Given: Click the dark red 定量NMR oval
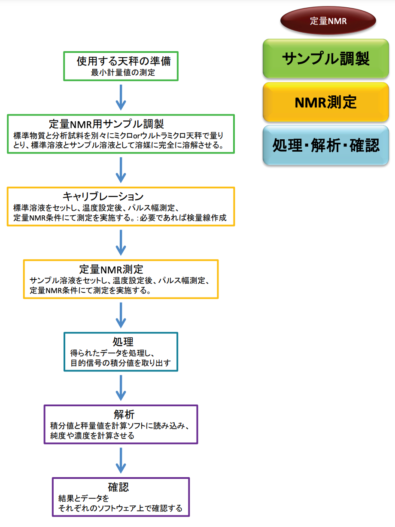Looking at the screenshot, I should [x=328, y=21].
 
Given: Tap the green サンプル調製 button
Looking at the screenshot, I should [x=326, y=58].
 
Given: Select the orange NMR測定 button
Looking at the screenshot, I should [x=326, y=102].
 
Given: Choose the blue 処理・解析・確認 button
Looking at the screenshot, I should [x=326, y=145].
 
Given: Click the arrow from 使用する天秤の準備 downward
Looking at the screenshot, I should [x=121, y=97].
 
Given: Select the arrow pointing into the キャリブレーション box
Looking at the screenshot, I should [x=121, y=170].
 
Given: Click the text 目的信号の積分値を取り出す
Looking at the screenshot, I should [x=121, y=363].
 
